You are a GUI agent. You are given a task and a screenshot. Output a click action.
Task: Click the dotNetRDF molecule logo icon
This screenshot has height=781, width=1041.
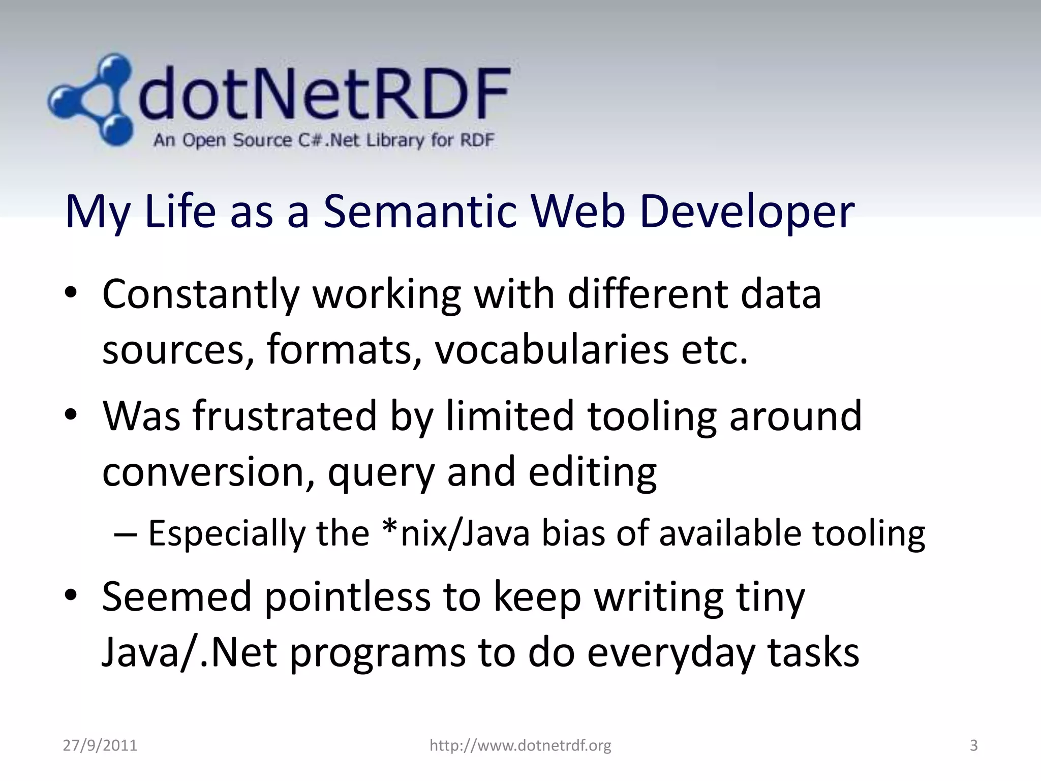tap(91, 99)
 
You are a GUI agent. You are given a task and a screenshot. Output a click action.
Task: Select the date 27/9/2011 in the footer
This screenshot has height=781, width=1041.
tap(100, 745)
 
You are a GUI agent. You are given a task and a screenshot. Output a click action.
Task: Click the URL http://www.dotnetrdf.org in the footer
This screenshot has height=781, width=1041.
tap(520, 745)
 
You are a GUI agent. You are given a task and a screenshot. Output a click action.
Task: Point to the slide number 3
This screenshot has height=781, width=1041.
tap(973, 745)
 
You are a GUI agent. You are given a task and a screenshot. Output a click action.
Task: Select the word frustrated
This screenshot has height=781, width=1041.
tap(285, 416)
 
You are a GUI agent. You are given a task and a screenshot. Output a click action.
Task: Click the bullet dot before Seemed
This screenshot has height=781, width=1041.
tap(71, 594)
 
